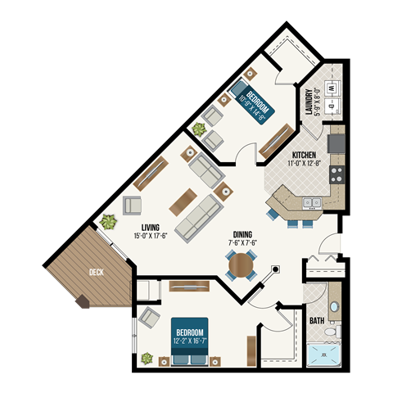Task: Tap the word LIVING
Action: point(149,227)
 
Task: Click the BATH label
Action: point(316,320)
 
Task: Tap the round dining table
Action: point(242,265)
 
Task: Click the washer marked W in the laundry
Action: point(332,87)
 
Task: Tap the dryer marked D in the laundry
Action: point(332,106)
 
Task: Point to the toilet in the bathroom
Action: point(330,333)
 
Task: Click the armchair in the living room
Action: point(132,205)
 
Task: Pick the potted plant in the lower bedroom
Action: point(147,358)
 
